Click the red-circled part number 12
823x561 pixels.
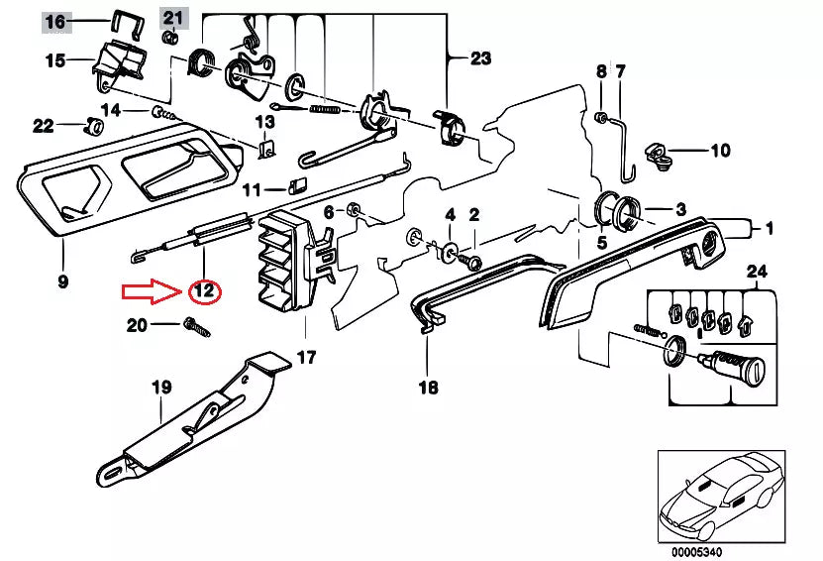pos(204,291)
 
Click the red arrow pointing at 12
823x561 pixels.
pos(151,291)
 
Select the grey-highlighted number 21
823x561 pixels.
pos(173,17)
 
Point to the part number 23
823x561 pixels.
pos(480,58)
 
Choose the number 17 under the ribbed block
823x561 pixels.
pos(306,357)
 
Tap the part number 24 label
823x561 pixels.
pos(757,271)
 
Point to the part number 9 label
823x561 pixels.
pos(62,281)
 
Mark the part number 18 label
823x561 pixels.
pos(428,388)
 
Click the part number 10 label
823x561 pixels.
pos(720,152)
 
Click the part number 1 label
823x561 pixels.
pos(766,229)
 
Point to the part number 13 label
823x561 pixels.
pos(264,122)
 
